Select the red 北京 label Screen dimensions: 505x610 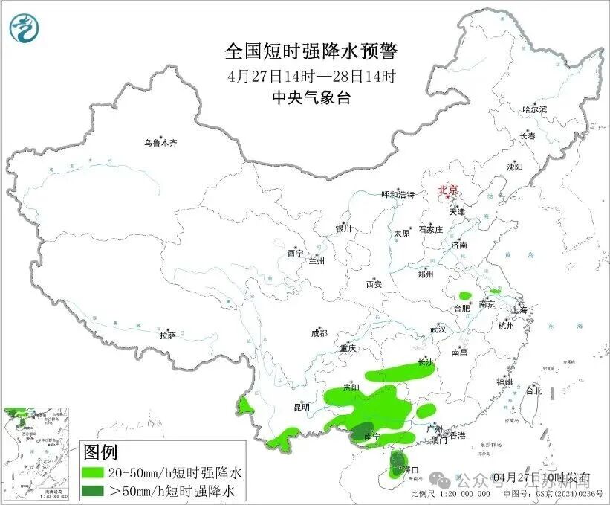point(449,190)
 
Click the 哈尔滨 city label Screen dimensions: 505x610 point(534,109)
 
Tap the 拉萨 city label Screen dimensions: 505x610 point(167,335)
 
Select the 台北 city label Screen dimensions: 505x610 point(533,390)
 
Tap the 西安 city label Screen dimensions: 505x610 point(374,284)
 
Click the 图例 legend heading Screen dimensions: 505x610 point(100,451)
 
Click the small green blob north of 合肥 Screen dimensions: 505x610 point(465,295)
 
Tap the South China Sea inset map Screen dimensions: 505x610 point(38,453)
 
